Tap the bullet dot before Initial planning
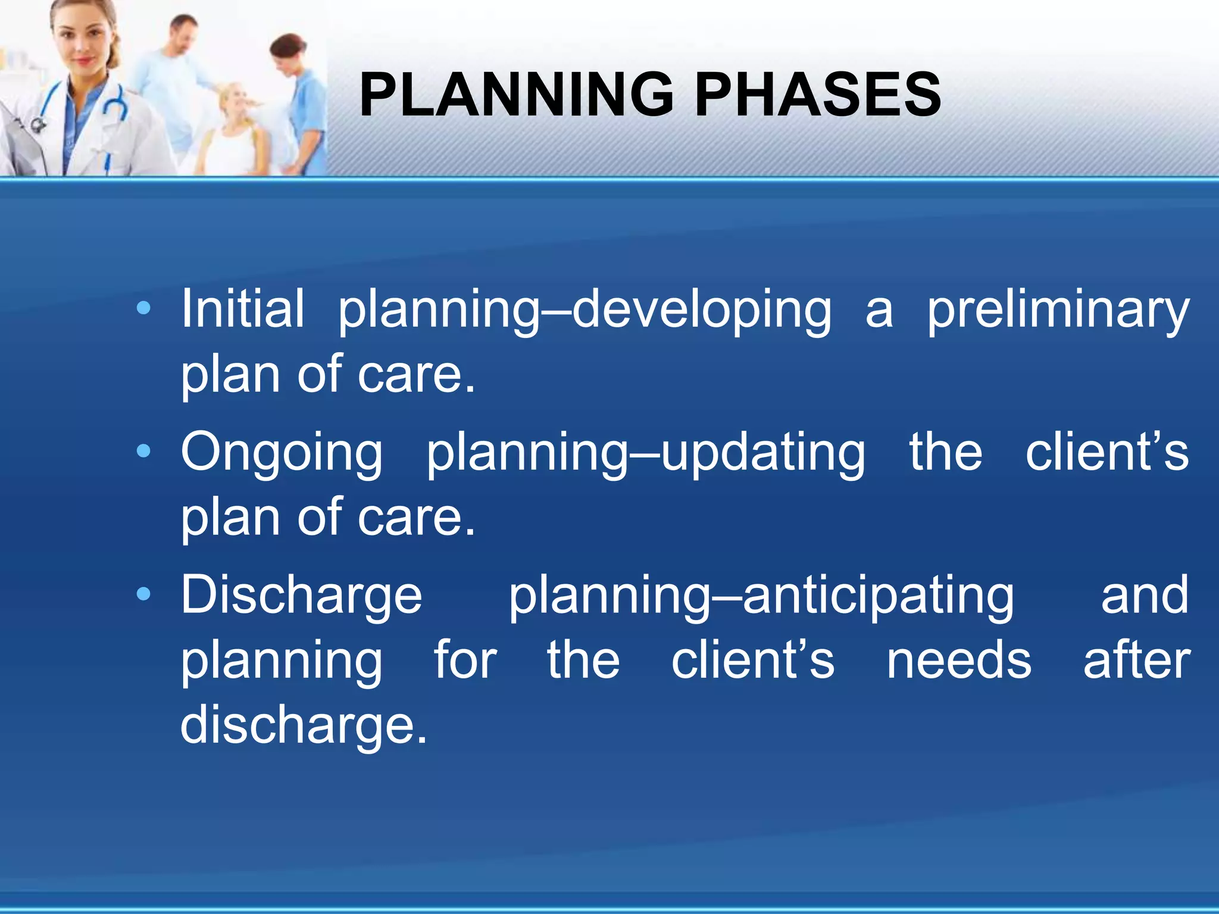click(x=143, y=308)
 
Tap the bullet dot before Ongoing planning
click(x=143, y=452)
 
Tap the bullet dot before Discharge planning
click(x=143, y=594)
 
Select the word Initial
click(x=242, y=308)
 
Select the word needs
click(x=958, y=661)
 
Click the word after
click(x=1136, y=661)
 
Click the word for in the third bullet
click(x=465, y=661)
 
